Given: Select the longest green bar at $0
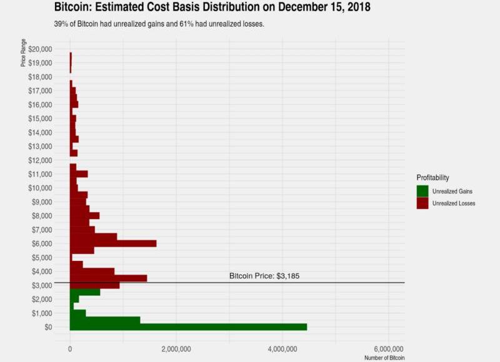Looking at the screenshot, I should pos(188,326).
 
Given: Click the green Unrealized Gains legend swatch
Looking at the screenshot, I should pos(422,190).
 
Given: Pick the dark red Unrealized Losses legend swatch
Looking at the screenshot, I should pos(422,203).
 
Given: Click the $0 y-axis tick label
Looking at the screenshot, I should pos(48,327).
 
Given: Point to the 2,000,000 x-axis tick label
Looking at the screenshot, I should pos(176,348).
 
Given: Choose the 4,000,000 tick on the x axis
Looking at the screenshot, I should pos(282,348).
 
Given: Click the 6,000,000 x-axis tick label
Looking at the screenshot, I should pos(389,348).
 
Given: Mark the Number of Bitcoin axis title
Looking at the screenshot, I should pos(384,358).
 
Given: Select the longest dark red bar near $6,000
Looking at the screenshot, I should pos(112,243).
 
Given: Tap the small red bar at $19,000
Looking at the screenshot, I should pos(71,63).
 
